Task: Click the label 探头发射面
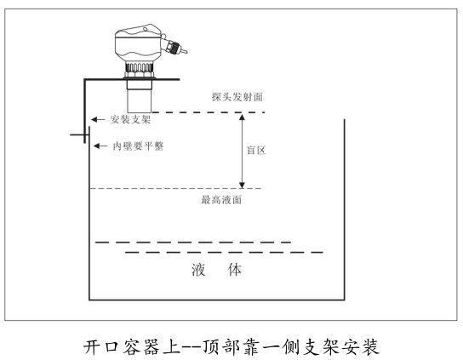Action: [x=237, y=97]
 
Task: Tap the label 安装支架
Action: [x=130, y=120]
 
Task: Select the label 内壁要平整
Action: [x=138, y=146]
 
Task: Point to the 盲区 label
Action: [x=256, y=151]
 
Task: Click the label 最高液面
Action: [x=221, y=200]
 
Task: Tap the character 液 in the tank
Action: [x=198, y=270]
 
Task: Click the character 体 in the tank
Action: [x=234, y=270]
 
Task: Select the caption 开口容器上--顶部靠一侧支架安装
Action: [x=231, y=346]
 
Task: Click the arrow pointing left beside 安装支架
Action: [x=98, y=120]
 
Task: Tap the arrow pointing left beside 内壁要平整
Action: [x=100, y=146]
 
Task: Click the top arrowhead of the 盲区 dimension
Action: [x=242, y=117]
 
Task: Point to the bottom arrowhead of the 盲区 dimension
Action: [x=242, y=185]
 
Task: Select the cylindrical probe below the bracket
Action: [x=140, y=96]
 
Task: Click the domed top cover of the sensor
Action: [x=138, y=31]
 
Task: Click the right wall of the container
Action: [x=345, y=209]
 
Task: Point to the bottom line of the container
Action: [x=217, y=300]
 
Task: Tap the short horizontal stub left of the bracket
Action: [x=77, y=135]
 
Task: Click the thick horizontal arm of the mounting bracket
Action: [x=132, y=79]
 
